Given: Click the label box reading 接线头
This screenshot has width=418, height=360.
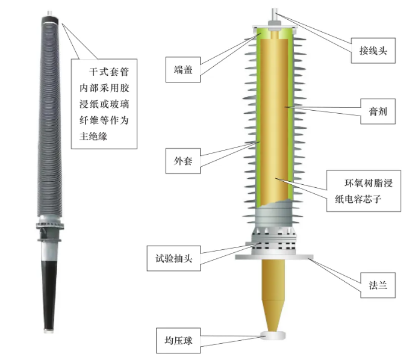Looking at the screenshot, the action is [x=373, y=51].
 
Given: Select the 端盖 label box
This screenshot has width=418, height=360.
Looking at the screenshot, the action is [x=183, y=70].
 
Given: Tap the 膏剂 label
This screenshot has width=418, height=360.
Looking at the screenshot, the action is [x=378, y=111].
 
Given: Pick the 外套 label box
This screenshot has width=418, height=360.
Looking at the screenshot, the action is [x=183, y=161].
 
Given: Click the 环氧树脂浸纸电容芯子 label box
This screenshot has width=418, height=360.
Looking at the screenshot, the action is [x=364, y=191].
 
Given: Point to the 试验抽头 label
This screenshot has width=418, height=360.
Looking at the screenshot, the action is [x=173, y=258].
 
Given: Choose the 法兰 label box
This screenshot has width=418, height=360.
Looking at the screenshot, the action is [x=378, y=285].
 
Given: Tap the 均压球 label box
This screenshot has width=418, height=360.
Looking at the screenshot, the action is [x=178, y=341].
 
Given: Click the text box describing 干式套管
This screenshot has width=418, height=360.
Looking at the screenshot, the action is [x=104, y=104].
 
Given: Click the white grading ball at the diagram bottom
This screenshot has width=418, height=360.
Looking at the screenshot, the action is [x=273, y=335].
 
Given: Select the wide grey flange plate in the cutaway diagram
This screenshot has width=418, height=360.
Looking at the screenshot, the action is [x=274, y=257].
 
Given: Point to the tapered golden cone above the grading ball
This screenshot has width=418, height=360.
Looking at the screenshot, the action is [x=273, y=316].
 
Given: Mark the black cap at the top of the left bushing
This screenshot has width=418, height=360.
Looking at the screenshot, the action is [x=50, y=20].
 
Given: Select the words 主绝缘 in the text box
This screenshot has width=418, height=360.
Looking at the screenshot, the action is [x=93, y=137].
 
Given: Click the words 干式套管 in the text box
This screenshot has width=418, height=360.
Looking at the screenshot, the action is [x=109, y=72].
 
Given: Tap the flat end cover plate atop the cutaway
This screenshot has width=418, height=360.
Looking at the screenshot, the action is [x=275, y=27].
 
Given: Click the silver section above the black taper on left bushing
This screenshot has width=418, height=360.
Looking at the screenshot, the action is [x=49, y=251].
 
